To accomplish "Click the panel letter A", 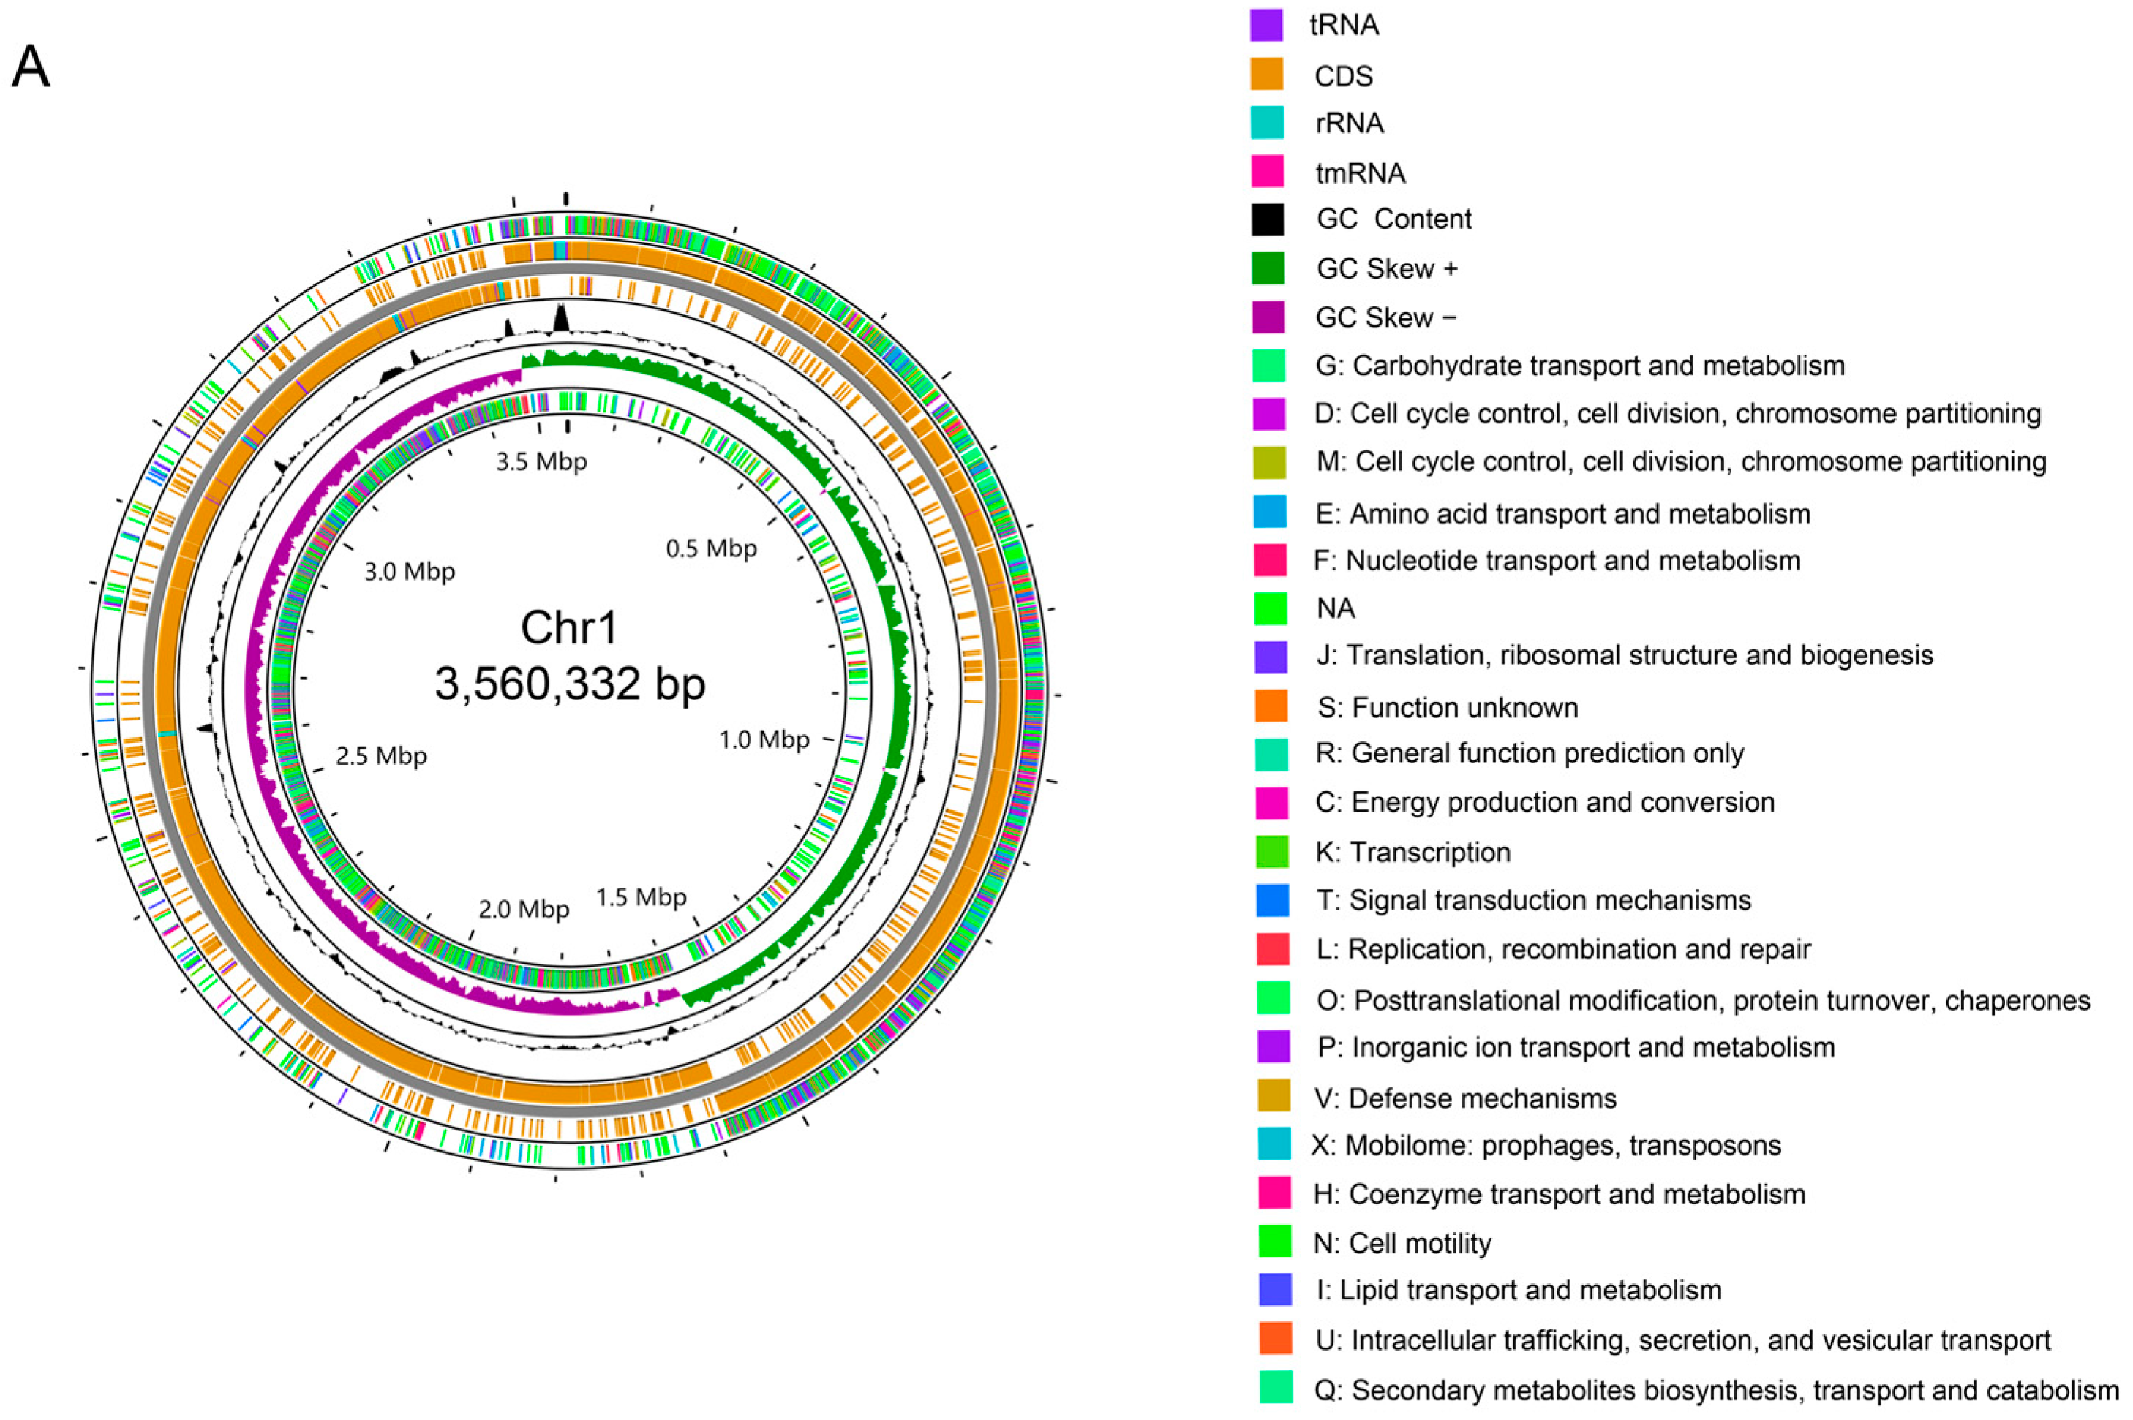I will point(30,67).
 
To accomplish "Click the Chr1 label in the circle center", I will point(569,627).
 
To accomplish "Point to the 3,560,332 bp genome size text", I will point(570,684).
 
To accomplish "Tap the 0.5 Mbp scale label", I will point(711,548).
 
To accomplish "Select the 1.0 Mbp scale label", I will point(764,740).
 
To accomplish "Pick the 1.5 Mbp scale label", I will point(642,896).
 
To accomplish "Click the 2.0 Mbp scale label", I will point(524,908).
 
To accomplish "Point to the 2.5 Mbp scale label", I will point(381,755).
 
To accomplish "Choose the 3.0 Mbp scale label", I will point(410,572).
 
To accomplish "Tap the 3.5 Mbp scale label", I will point(541,462).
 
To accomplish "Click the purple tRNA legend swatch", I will point(1266,24).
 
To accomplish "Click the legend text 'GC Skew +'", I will point(1387,268).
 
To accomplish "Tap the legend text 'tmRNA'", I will point(1361,172).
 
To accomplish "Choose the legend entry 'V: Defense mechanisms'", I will point(1465,1098).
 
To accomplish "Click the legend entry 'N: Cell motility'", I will point(1402,1243).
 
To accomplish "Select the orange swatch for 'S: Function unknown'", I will point(1271,706).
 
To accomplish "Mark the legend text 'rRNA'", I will point(1350,123).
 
